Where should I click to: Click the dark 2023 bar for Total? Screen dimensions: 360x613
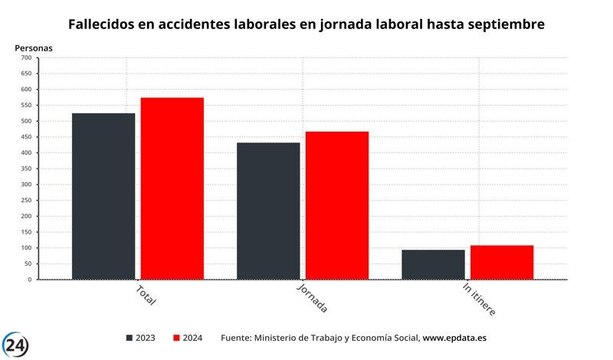click(103, 196)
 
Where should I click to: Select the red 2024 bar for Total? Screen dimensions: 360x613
click(172, 188)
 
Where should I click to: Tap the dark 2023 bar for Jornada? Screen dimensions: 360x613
click(268, 211)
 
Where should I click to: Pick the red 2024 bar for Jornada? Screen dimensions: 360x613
click(337, 205)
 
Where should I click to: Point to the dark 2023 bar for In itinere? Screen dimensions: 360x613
click(433, 264)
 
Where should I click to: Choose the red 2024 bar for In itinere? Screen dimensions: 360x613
click(502, 262)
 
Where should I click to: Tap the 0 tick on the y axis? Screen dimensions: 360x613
click(29, 280)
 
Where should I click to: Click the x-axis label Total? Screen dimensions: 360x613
click(146, 295)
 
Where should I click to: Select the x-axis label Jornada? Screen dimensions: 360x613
click(312, 298)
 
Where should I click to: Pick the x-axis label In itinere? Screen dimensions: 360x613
click(479, 299)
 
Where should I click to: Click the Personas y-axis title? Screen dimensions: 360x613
click(34, 47)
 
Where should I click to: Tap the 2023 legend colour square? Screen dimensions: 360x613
click(129, 338)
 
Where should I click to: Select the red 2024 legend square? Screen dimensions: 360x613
click(177, 338)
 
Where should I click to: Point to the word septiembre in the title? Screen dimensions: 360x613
click(502, 25)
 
